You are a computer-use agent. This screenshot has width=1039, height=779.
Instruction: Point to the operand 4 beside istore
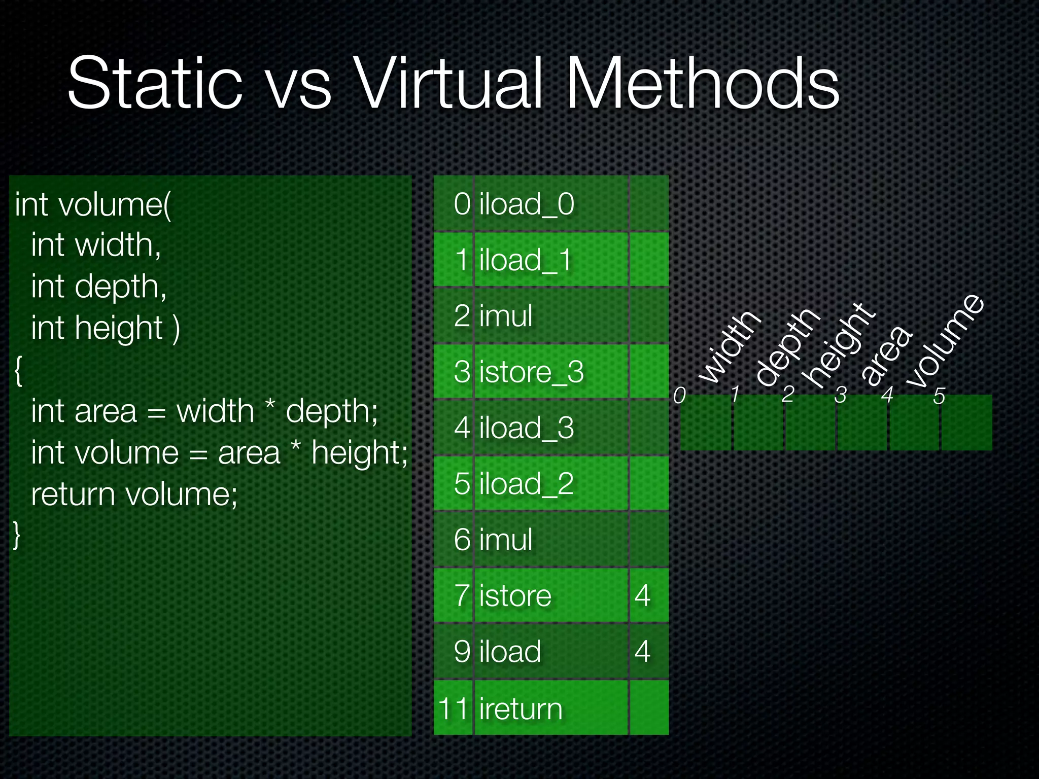[x=642, y=595]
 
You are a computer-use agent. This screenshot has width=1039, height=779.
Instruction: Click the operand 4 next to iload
[x=642, y=652]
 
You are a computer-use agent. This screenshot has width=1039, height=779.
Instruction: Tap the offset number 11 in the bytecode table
[x=453, y=709]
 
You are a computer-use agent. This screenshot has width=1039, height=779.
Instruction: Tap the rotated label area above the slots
[x=886, y=355]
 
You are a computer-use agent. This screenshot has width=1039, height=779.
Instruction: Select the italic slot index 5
[x=939, y=396]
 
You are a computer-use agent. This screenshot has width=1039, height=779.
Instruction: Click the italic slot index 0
[x=679, y=395]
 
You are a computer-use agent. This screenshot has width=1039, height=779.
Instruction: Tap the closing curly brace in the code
[x=17, y=535]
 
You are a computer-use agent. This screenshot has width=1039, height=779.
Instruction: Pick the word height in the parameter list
[x=119, y=328]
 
